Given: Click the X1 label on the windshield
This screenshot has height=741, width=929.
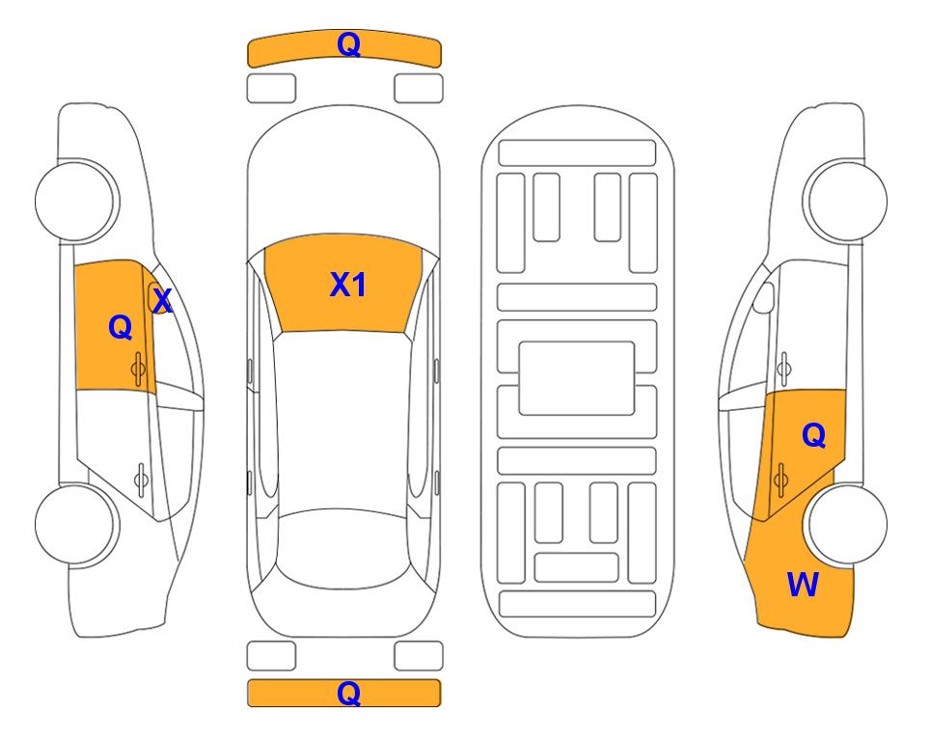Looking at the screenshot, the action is pyautogui.click(x=348, y=285).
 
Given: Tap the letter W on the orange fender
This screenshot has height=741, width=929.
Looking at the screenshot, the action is pyautogui.click(x=803, y=585).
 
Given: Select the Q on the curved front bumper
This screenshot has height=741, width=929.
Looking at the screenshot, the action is pyautogui.click(x=348, y=44).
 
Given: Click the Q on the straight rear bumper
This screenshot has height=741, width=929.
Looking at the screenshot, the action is pyautogui.click(x=348, y=693).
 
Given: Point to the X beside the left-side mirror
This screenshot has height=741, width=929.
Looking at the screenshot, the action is pyautogui.click(x=162, y=300).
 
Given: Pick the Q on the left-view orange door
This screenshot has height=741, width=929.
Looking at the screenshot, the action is pyautogui.click(x=121, y=327).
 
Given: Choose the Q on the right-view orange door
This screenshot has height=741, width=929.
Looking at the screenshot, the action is pyautogui.click(x=813, y=435).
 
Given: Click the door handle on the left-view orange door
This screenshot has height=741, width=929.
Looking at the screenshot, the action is pyautogui.click(x=138, y=369).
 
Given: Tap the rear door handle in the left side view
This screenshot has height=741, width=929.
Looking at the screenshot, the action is pyautogui.click(x=141, y=479).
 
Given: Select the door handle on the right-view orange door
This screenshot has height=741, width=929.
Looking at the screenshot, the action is pyautogui.click(x=780, y=479).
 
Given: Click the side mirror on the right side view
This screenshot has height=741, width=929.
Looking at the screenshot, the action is pyautogui.click(x=764, y=297).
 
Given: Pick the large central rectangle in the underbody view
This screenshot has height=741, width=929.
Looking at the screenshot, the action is pyautogui.click(x=577, y=378).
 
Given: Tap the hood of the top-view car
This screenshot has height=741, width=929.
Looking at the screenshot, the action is pyautogui.click(x=343, y=178).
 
